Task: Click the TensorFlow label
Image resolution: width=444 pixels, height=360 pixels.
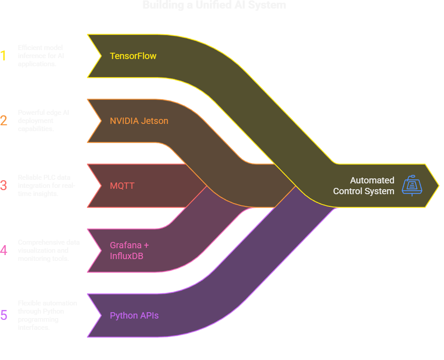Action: click(133, 56)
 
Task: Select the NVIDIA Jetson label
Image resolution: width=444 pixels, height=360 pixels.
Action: click(139, 121)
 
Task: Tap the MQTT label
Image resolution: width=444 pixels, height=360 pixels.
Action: click(122, 186)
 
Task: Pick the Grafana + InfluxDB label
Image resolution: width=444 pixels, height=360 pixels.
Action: click(129, 251)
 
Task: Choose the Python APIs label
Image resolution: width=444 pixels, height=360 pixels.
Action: click(134, 315)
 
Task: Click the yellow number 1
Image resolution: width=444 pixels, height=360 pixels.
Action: click(4, 56)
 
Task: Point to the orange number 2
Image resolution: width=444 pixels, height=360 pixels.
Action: click(4, 121)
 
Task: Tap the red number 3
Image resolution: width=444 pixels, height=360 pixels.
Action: click(4, 186)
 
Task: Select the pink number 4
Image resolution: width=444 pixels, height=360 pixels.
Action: click(4, 251)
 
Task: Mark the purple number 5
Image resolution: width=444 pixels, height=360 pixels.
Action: click(4, 315)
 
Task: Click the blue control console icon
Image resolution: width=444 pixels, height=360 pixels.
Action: click(412, 185)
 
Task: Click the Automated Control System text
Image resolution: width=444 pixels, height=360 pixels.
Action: click(364, 186)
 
